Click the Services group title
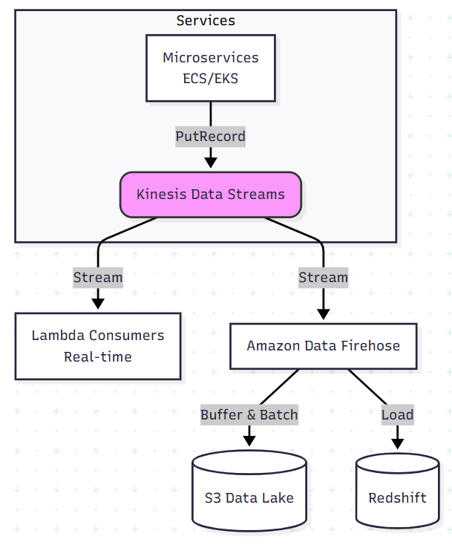click(x=206, y=20)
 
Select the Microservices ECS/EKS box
click(x=211, y=68)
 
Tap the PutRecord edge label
click(x=211, y=137)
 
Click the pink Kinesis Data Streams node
click(x=211, y=195)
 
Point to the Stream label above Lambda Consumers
click(x=98, y=278)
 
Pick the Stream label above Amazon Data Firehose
click(x=323, y=278)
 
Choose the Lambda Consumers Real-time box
click(x=98, y=346)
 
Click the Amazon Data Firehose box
click(x=323, y=346)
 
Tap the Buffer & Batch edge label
click(x=249, y=414)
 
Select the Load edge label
click(x=397, y=414)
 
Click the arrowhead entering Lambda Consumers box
click(x=98, y=304)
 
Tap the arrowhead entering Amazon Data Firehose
click(x=323, y=314)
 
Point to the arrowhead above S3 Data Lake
click(x=249, y=441)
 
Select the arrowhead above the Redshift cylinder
click(x=397, y=443)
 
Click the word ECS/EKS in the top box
click(x=211, y=77)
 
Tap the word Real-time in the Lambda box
click(x=98, y=356)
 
